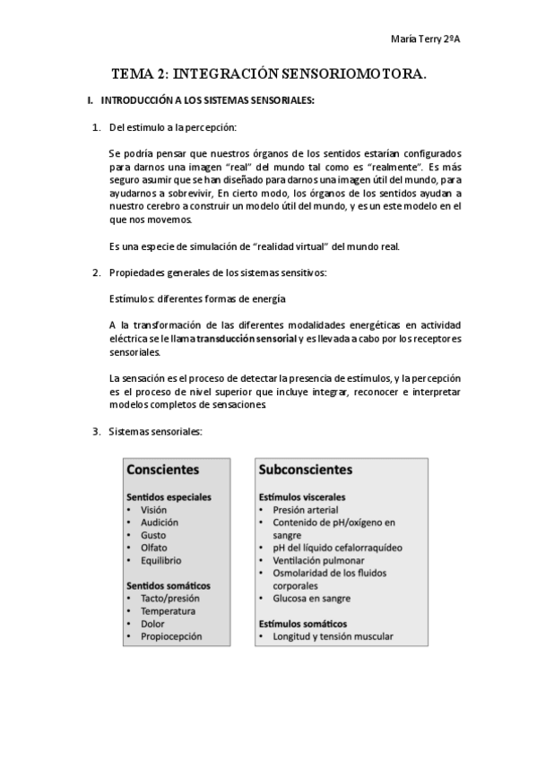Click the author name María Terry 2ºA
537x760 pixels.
point(427,39)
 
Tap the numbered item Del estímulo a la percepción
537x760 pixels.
point(172,128)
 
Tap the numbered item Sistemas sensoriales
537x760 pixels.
point(155,431)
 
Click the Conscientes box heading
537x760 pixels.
point(162,469)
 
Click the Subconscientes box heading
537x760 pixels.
point(306,469)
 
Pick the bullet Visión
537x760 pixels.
point(153,509)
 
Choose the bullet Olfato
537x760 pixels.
point(154,547)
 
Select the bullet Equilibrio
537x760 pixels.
point(161,560)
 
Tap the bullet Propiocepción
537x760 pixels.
point(171,636)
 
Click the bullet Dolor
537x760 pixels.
point(152,623)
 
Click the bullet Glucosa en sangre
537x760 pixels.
point(311,598)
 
